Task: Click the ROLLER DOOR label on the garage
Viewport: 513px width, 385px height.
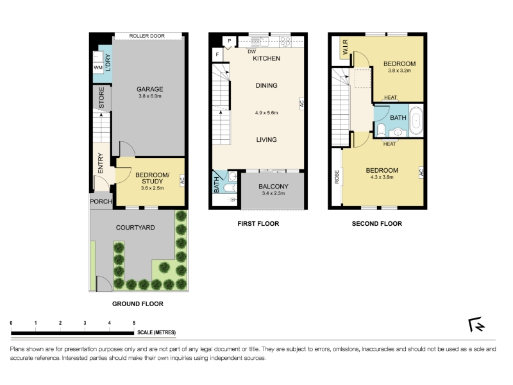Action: click(147, 36)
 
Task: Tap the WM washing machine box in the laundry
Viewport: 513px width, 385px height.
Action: click(98, 68)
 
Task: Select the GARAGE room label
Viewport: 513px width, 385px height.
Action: click(150, 89)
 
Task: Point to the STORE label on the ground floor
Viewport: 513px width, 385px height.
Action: click(101, 98)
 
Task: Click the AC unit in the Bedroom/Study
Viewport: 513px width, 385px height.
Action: click(182, 180)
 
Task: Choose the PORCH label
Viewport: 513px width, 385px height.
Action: click(101, 201)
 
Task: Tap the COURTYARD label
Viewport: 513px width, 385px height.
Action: click(135, 228)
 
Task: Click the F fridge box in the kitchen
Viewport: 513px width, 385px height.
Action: click(217, 55)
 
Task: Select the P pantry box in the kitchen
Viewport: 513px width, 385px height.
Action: click(230, 41)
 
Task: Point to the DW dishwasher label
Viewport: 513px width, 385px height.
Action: click(251, 52)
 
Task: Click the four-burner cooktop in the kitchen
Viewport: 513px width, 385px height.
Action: click(285, 42)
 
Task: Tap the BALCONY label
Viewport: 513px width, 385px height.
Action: click(274, 186)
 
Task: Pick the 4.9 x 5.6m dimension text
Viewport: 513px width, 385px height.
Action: click(266, 113)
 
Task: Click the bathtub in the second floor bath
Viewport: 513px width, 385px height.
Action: click(416, 121)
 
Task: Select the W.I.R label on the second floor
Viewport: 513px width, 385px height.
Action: click(345, 47)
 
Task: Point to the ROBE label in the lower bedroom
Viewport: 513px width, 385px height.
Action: click(337, 177)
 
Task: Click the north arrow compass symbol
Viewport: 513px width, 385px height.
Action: click(476, 325)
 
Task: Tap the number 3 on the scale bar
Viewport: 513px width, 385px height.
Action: click(85, 323)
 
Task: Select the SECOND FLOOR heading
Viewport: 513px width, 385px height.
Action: click(377, 224)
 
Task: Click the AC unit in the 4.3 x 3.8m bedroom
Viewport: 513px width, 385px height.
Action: click(421, 172)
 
